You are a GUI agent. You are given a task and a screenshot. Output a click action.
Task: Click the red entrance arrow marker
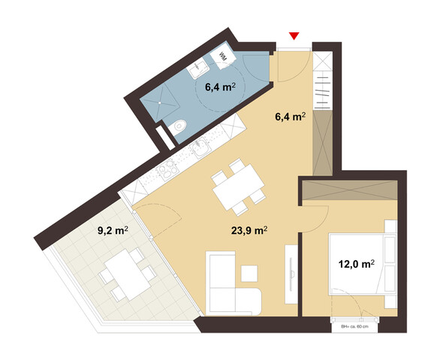click(x=295, y=34)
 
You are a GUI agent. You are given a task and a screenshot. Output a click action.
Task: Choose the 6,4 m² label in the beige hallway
click(x=288, y=116)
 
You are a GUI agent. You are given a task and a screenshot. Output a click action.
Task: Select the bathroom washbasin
click(x=198, y=69)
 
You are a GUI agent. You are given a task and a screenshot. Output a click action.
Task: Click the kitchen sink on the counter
click(x=200, y=150)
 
